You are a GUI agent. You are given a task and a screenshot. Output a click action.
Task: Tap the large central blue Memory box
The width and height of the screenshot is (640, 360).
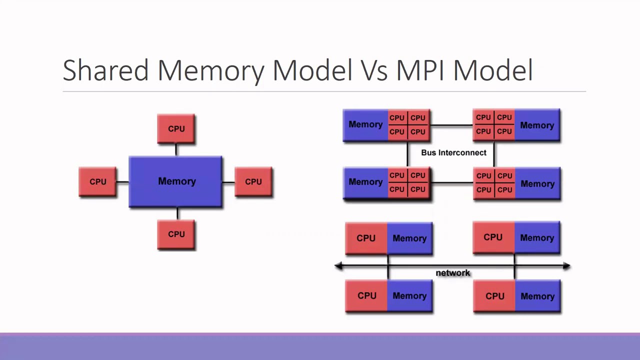click(x=176, y=181)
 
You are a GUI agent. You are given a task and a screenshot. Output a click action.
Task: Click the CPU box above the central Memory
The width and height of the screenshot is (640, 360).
click(x=176, y=129)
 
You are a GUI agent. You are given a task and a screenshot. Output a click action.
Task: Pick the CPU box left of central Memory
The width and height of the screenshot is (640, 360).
click(x=98, y=181)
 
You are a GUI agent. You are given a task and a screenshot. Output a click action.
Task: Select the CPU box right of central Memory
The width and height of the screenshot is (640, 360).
click(x=253, y=181)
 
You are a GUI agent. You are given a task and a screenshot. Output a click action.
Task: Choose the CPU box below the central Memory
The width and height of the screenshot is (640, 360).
click(x=176, y=234)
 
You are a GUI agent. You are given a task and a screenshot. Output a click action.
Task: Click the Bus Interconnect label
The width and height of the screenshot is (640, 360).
click(x=453, y=152)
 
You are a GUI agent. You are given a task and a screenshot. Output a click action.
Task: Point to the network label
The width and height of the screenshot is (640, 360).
click(x=453, y=273)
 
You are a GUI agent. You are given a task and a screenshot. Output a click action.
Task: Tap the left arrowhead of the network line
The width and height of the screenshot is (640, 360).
click(x=338, y=266)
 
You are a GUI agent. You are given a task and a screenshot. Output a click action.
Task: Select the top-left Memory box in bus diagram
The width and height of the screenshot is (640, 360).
click(x=365, y=125)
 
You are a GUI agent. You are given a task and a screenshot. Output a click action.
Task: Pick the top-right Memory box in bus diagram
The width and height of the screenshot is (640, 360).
click(x=537, y=125)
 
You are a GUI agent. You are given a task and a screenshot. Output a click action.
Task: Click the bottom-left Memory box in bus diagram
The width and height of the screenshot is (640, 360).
click(x=365, y=182)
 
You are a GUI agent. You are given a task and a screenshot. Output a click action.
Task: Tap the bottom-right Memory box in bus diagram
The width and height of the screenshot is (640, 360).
click(x=537, y=183)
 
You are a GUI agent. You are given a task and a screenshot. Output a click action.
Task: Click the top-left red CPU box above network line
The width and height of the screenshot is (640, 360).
click(x=366, y=238)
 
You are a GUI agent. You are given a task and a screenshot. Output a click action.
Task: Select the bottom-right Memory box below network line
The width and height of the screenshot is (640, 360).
click(x=537, y=296)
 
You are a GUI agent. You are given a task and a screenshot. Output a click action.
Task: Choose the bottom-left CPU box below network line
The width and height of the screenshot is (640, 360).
click(x=366, y=296)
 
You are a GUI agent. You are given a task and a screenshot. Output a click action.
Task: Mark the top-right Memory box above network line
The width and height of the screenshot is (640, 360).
click(x=537, y=238)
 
